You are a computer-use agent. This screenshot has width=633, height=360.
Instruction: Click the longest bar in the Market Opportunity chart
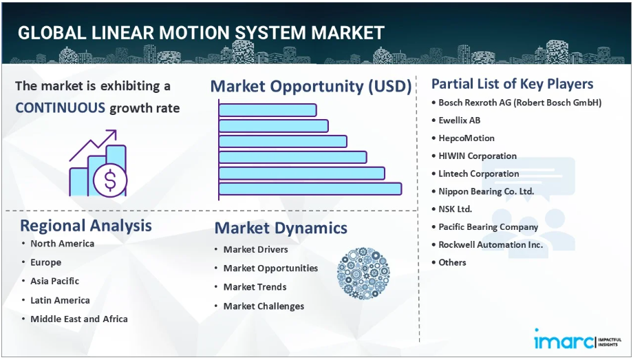coord(310,189)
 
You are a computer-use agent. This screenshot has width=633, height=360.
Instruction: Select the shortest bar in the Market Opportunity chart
coord(267,110)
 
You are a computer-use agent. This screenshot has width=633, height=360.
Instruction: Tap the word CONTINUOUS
coord(60,108)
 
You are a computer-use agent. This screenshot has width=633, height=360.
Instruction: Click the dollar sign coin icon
coord(110,180)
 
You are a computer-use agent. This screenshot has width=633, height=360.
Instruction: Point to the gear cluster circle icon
coord(363,273)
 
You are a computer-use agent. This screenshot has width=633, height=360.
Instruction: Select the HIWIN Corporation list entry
coord(478,156)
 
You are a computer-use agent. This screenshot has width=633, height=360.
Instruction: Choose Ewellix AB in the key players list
coord(460,120)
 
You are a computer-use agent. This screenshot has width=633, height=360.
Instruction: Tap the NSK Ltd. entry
coord(455,209)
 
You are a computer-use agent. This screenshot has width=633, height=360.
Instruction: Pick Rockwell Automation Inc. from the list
coord(491,244)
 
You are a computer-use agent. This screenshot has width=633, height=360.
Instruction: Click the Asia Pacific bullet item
coord(55,282)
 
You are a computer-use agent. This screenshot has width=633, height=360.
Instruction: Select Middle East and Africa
coord(79,319)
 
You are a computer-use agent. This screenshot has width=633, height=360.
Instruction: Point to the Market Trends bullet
coord(255,287)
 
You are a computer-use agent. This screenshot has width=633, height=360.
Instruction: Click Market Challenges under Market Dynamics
coord(264,306)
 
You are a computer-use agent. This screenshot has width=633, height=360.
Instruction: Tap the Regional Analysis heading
coord(86,226)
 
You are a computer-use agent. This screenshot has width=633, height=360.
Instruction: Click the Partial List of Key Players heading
coord(513,84)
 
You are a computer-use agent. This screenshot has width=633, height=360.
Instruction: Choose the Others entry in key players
coord(452,262)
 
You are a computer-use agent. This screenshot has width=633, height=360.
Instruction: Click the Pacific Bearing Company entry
coord(488,227)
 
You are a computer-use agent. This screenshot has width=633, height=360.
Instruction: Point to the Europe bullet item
coord(46,263)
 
